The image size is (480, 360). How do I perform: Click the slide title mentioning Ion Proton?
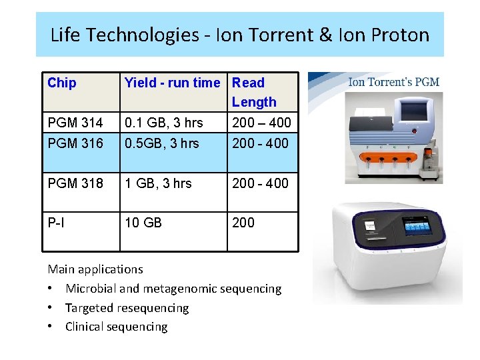(x=240, y=35)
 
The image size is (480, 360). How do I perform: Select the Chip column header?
(x=62, y=83)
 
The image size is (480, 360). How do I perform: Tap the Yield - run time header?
(x=172, y=83)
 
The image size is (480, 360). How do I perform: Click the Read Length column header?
(x=254, y=92)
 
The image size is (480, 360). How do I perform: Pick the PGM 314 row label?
(x=75, y=123)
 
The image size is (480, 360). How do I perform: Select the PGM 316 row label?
(x=75, y=143)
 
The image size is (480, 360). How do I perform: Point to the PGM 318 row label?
(x=75, y=183)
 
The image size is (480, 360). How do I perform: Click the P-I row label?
(x=57, y=223)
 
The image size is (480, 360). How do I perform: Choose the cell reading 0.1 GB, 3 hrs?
(x=164, y=123)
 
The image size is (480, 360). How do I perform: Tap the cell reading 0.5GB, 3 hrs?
(x=162, y=143)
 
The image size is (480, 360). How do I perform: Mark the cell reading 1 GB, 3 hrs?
(x=158, y=183)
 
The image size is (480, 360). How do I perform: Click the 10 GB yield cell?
(x=143, y=223)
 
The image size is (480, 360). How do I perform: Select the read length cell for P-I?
(x=243, y=223)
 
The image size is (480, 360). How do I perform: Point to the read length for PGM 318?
(x=260, y=183)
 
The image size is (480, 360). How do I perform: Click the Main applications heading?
(x=95, y=269)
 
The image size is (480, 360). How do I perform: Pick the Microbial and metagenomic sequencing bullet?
(x=173, y=289)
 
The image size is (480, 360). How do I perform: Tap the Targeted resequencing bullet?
(x=127, y=308)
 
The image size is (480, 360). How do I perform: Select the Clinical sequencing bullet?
(x=116, y=327)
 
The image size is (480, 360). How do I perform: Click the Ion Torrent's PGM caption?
(x=393, y=83)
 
